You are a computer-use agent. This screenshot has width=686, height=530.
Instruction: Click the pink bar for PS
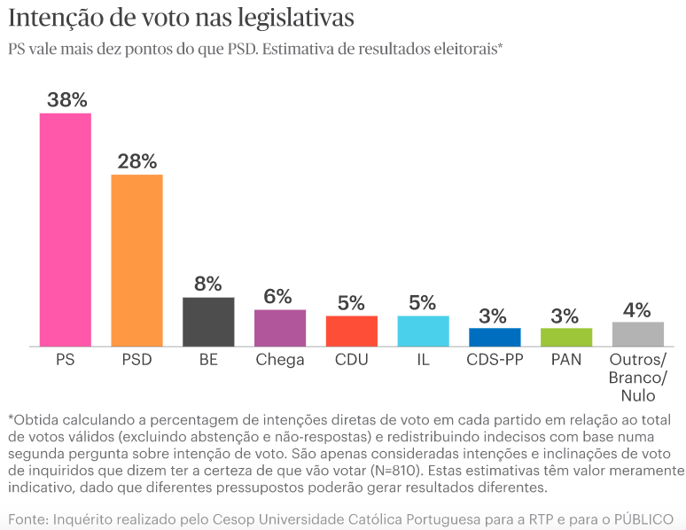click(x=66, y=230)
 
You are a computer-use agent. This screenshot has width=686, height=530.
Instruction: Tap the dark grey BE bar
click(x=208, y=322)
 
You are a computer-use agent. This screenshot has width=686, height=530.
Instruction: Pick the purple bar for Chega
click(x=280, y=328)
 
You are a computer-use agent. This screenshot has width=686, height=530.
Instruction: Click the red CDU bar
click(x=352, y=331)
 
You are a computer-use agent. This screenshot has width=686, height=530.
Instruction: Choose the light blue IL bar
click(x=423, y=331)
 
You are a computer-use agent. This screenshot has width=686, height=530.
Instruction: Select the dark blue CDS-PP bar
click(x=495, y=337)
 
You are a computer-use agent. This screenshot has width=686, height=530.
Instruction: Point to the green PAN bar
click(x=565, y=337)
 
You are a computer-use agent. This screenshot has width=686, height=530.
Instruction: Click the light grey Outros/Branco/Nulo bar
click(x=638, y=334)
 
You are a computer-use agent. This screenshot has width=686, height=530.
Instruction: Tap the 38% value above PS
click(x=66, y=100)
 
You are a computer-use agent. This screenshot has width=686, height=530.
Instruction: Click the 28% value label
click(x=136, y=161)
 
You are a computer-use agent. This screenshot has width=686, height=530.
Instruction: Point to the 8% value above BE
click(x=208, y=284)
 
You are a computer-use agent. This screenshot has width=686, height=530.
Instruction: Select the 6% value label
click(x=280, y=297)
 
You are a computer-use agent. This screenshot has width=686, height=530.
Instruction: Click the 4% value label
click(x=638, y=309)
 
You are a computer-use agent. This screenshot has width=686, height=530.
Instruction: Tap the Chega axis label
click(x=280, y=360)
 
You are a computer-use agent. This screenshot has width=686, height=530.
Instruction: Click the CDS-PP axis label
click(x=495, y=360)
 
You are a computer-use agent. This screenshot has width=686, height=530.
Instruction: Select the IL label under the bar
click(x=423, y=360)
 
